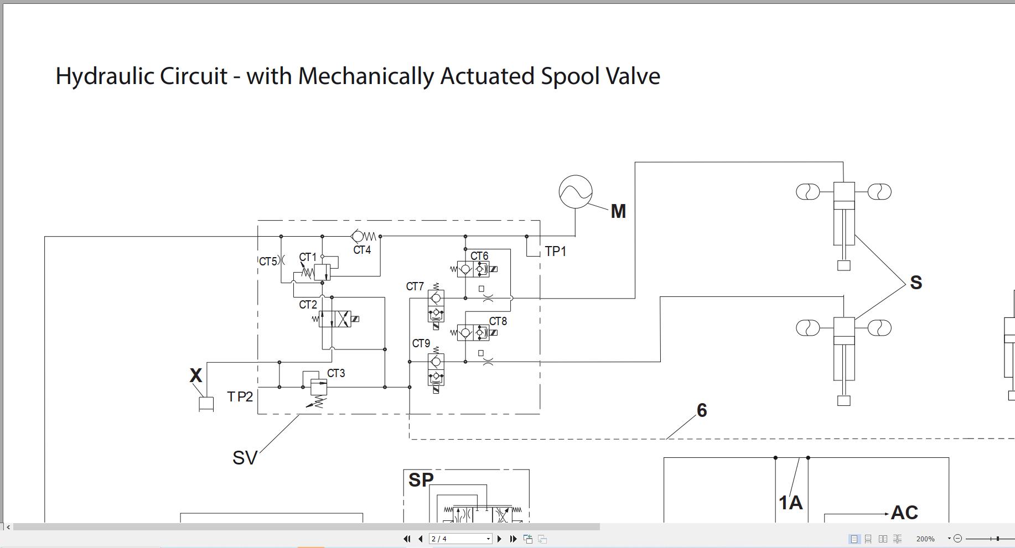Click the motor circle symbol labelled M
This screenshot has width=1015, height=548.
pos(576,192)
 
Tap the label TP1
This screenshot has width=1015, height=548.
pos(556,252)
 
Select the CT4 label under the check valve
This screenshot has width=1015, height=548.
pos(362,250)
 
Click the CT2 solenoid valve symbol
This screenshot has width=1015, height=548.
pos(335,319)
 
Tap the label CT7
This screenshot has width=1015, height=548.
pos(415,286)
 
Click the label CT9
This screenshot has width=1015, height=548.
pos(421,344)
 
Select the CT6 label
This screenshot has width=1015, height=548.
pos(479,256)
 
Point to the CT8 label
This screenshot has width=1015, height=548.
pos(498,321)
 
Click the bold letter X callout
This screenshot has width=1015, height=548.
pos(195,376)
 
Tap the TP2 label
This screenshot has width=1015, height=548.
pos(240,397)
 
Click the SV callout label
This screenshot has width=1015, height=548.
pos(245,458)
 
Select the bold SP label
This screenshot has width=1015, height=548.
pos(421,480)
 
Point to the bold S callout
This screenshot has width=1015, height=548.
pos(916,283)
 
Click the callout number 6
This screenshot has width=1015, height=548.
pos(702,410)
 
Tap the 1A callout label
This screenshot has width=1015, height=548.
pos(790,503)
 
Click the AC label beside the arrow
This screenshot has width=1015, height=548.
pos(904,513)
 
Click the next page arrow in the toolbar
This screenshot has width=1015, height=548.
pos(499,539)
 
